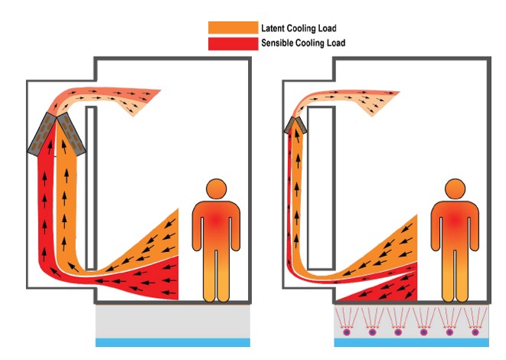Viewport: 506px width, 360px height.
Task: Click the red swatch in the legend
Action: [x=232, y=43]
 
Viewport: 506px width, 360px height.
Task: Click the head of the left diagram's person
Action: [x=217, y=189]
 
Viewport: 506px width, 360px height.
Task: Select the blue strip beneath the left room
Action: [x=173, y=342]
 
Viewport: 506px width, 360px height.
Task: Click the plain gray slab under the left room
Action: [x=173, y=322]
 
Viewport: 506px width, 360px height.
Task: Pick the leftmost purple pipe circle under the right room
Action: [x=345, y=332]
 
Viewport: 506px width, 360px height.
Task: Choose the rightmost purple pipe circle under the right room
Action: [x=475, y=332]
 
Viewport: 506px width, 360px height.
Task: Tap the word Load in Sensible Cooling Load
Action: [x=332, y=43]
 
